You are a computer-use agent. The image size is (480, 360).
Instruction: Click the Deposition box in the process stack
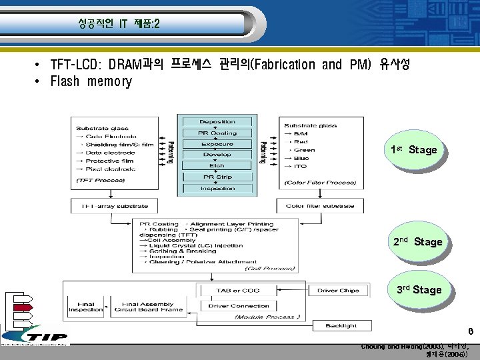pyautogui.click(x=217, y=121)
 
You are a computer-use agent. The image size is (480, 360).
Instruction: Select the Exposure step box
pyautogui.click(x=217, y=144)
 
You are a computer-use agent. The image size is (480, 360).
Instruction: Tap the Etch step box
pyautogui.click(x=217, y=165)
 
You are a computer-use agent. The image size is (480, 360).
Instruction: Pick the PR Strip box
pyautogui.click(x=217, y=177)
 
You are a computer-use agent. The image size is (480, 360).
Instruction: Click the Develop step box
pyautogui.click(x=217, y=155)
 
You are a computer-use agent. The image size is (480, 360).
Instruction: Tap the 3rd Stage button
pyautogui.click(x=418, y=290)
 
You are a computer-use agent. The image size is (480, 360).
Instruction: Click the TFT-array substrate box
pyautogui.click(x=106, y=206)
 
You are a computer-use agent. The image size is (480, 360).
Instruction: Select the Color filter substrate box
pyautogui.click(x=320, y=206)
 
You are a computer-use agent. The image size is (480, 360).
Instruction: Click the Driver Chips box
pyautogui.click(x=337, y=290)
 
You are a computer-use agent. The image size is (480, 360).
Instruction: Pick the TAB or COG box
pyautogui.click(x=238, y=290)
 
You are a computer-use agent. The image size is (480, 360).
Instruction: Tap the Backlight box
pyautogui.click(x=341, y=325)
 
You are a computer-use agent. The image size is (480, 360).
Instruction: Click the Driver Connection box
pyautogui.click(x=238, y=305)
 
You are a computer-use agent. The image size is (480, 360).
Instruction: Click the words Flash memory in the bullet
pyautogui.click(x=91, y=82)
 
